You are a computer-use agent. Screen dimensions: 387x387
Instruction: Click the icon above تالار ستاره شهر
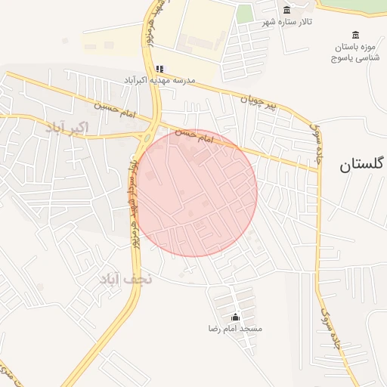point(286,10)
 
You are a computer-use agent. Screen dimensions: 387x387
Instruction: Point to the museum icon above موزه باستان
point(356,35)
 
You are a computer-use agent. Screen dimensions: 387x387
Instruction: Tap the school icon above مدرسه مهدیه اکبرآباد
point(159,69)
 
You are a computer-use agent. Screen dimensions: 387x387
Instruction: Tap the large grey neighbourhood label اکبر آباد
point(67,127)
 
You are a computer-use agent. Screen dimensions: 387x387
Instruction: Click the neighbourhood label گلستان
point(363,163)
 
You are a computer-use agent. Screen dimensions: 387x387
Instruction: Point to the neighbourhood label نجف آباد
point(125,279)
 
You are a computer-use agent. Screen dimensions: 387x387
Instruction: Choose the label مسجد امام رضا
point(235,329)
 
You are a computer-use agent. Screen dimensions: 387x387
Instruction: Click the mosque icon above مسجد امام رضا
point(235,317)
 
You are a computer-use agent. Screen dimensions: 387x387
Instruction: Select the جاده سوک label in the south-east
point(326,325)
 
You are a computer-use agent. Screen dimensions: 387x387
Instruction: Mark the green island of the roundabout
point(147,136)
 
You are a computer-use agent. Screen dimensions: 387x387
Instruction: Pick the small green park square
point(244,14)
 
